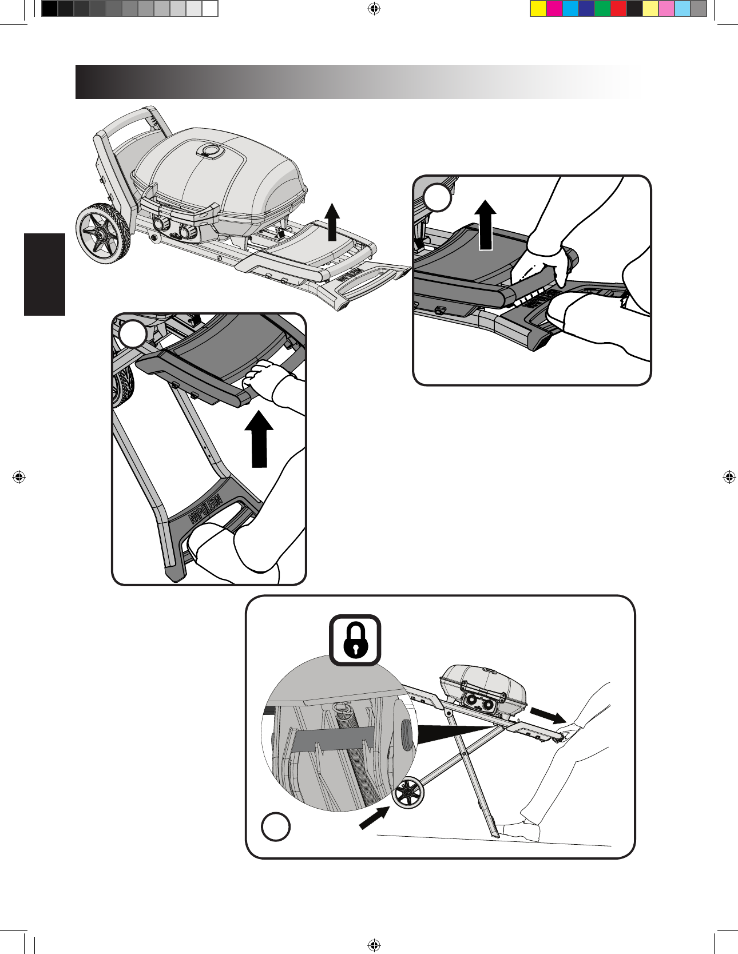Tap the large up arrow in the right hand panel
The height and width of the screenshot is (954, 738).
pos(486,224)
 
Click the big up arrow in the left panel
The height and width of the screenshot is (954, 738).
pos(260,440)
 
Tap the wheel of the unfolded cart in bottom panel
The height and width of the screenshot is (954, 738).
pos(407,793)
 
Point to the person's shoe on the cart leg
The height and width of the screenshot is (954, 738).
pos(518,830)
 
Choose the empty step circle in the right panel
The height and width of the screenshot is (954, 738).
pos(438,198)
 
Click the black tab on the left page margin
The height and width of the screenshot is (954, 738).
pos(45,275)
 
